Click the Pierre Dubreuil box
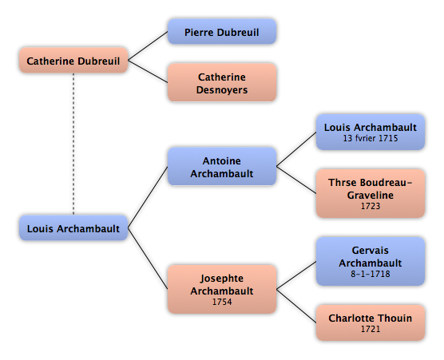[222, 32]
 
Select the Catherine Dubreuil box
[73, 61]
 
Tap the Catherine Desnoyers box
[222, 82]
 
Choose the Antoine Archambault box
[222, 166]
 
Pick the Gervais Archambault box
[371, 261]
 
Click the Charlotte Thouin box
[371, 322]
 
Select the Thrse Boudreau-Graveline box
[371, 194]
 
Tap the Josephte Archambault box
[222, 289]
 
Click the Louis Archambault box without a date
[73, 227]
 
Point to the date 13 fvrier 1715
[371, 138]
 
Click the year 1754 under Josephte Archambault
[222, 302]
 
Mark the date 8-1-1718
[371, 274]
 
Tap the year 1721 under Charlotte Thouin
[371, 329]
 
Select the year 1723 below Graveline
[371, 206]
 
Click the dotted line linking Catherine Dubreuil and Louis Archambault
[73, 144]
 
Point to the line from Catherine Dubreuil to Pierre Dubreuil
[148, 45]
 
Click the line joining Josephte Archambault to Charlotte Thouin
[296, 306]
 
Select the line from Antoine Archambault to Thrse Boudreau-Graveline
[296, 180]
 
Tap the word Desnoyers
[222, 90]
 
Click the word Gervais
[371, 251]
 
